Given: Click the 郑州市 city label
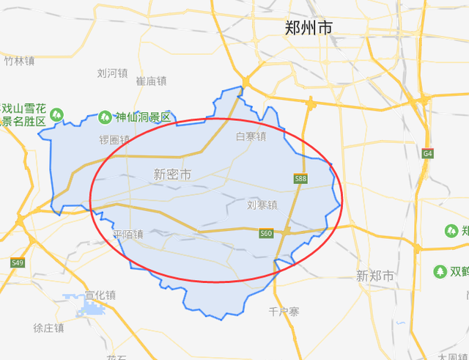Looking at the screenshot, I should click(x=309, y=28).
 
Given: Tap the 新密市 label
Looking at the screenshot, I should click(x=172, y=175).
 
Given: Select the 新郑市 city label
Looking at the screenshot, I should click(x=374, y=276).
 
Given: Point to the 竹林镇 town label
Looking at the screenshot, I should click(x=19, y=62).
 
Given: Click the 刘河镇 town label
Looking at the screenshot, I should click(x=112, y=73).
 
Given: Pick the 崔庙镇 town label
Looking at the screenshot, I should click(x=152, y=81).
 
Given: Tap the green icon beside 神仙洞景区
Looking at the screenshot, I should click(x=103, y=117).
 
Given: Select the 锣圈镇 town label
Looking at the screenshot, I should click(x=114, y=139).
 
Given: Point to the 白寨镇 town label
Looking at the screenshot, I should click(x=251, y=136).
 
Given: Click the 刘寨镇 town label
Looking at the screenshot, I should click(x=262, y=205).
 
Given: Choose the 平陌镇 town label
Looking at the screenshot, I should click(x=128, y=235).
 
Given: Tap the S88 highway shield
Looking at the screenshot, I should click(x=300, y=178).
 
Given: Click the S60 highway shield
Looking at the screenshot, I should click(x=266, y=234).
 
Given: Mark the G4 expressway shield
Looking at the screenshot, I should click(x=427, y=153).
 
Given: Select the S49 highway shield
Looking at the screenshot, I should click(x=17, y=262).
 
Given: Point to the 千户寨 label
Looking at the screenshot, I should click(x=284, y=312).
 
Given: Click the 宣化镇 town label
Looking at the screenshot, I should click(x=100, y=295).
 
